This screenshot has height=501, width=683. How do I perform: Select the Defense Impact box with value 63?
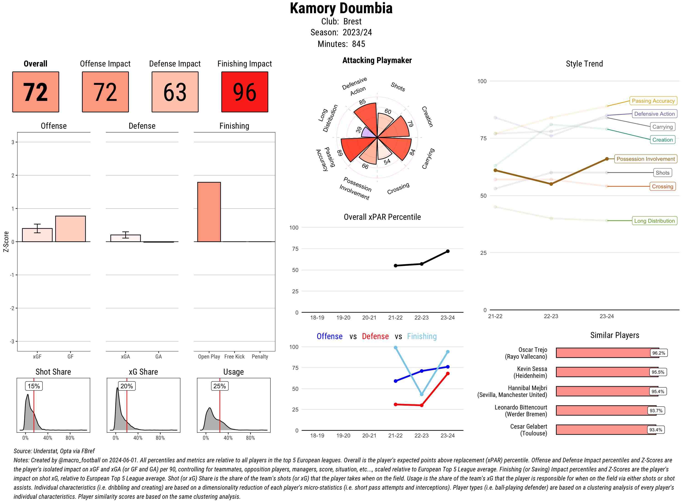(175, 92)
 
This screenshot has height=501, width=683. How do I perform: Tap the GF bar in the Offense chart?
(70, 229)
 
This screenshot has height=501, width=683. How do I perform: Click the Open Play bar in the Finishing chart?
(209, 212)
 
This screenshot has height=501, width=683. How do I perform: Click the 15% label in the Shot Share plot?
(34, 386)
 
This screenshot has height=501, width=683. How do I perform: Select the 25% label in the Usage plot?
(219, 386)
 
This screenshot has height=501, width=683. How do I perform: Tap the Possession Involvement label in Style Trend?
(645, 159)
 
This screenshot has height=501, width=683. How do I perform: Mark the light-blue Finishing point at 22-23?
(422, 394)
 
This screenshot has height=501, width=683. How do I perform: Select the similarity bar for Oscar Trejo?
(607, 353)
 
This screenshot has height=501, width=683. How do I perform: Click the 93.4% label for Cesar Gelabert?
(655, 430)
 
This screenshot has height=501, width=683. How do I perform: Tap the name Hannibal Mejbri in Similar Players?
(528, 388)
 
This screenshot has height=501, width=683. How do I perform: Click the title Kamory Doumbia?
(341, 8)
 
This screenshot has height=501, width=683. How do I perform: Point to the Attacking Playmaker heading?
(377, 60)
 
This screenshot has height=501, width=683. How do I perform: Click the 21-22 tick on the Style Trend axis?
(495, 316)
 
